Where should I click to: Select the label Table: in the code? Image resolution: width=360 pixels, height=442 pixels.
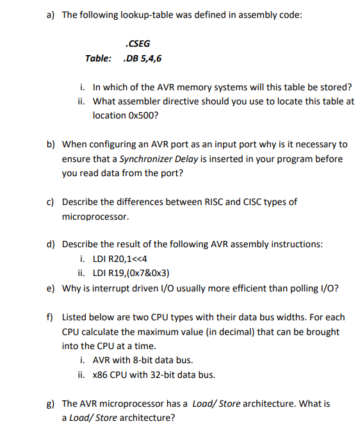99,58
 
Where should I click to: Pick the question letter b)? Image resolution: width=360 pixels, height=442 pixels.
51,145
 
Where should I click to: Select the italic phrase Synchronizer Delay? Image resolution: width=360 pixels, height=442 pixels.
160,159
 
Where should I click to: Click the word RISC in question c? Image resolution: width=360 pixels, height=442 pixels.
211,202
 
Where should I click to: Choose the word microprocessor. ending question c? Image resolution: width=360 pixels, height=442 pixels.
95,217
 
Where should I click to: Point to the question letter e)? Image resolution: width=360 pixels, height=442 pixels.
51,288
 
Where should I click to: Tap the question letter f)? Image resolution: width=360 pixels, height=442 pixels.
51,317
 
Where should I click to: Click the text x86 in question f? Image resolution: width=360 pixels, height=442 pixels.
101,375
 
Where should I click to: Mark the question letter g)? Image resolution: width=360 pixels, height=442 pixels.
51,404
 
